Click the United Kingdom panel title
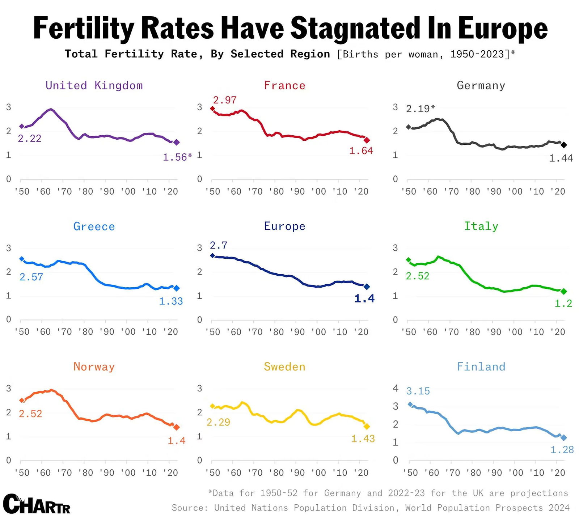tap(94, 85)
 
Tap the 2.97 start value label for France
tap(225, 100)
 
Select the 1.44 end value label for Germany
tap(561, 158)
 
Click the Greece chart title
tap(94, 226)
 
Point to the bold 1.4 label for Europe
tap(364, 298)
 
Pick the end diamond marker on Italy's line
tap(564, 291)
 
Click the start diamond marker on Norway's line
tap(22, 401)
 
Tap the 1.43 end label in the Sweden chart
tap(363, 439)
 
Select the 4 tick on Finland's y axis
tap(396, 388)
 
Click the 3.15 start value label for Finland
tap(418, 391)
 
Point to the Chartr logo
tap(37, 504)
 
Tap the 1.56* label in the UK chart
tap(177, 157)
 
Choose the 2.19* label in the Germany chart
tap(420, 109)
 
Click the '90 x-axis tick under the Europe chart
tap(297, 332)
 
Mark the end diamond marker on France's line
tap(367, 140)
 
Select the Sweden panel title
tap(285, 367)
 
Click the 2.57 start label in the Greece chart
tap(31, 277)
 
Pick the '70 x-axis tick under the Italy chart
tap(451, 332)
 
